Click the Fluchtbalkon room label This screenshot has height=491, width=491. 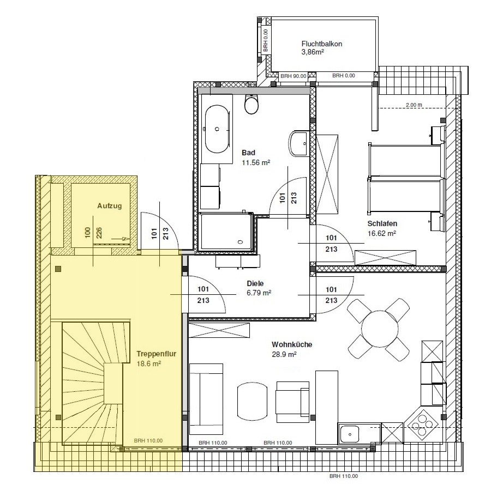322,44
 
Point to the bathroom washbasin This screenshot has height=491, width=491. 298,144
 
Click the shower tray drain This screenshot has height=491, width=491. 240,242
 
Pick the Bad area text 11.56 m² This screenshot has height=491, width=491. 256,163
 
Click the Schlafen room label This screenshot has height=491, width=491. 382,223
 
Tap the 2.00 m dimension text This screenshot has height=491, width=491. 414,105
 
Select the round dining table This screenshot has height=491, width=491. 380,329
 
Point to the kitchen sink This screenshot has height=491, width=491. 350,434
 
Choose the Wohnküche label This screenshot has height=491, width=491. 292,344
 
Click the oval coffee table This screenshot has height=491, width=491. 253,402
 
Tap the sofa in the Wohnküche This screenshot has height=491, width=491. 206,399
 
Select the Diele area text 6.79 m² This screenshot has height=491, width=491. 259,293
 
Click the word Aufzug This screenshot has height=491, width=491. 110,206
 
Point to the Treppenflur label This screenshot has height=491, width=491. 157,354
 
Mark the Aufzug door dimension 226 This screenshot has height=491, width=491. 99,233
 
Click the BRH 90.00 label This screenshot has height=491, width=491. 293,76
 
